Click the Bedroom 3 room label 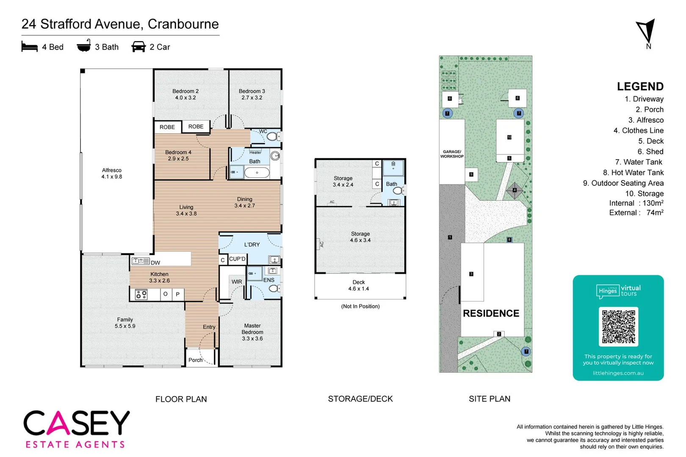click(252, 94)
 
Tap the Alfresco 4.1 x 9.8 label click(111, 173)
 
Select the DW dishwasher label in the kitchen click(155, 262)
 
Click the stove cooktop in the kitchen click(141, 295)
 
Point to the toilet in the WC click(272, 136)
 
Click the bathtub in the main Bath click(257, 173)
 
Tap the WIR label click(237, 281)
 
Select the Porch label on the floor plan click(195, 360)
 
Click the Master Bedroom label click(252, 332)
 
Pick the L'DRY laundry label click(252, 245)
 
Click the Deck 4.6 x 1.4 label click(359, 285)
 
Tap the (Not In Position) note click(360, 306)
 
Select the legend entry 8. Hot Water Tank click(633, 172)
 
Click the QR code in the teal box click(619, 326)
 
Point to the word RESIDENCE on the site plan click(491, 313)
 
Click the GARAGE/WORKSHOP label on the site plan click(452, 154)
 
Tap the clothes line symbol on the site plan click(514, 190)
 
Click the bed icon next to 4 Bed click(30, 47)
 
